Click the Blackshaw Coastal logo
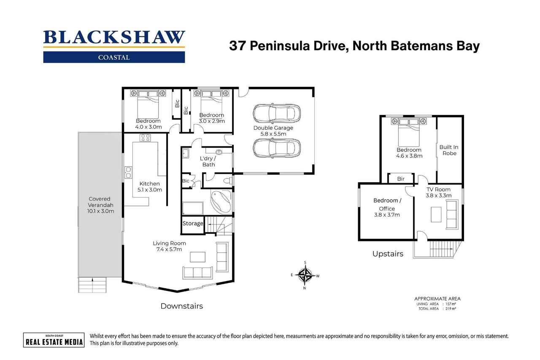pyautogui.click(x=114, y=46)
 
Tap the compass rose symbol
pyautogui.click(x=305, y=275)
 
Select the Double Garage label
pyautogui.click(x=273, y=128)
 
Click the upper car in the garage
pyautogui.click(x=277, y=114)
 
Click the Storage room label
pyautogui.click(x=193, y=224)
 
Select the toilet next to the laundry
pyautogui.click(x=228, y=181)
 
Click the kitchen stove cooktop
pyautogui.click(x=146, y=138)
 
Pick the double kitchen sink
pyautogui.click(x=128, y=172)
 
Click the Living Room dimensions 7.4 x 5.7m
pyautogui.click(x=169, y=249)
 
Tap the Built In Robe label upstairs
pyautogui.click(x=449, y=150)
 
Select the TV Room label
pyautogui.click(x=438, y=189)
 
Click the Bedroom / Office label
pyautogui.click(x=387, y=204)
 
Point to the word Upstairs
pyautogui.click(x=388, y=254)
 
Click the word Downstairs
pyautogui.click(x=182, y=306)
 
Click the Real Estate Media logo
pyautogui.click(x=54, y=340)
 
